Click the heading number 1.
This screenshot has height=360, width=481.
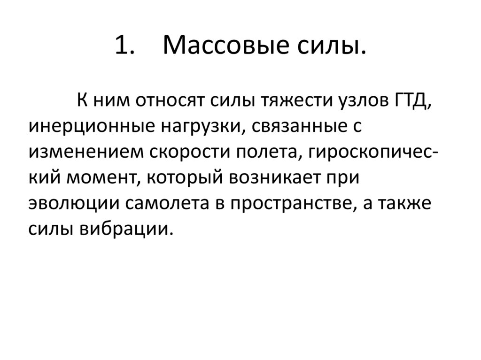point(124,46)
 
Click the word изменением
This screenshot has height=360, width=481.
point(86,153)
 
